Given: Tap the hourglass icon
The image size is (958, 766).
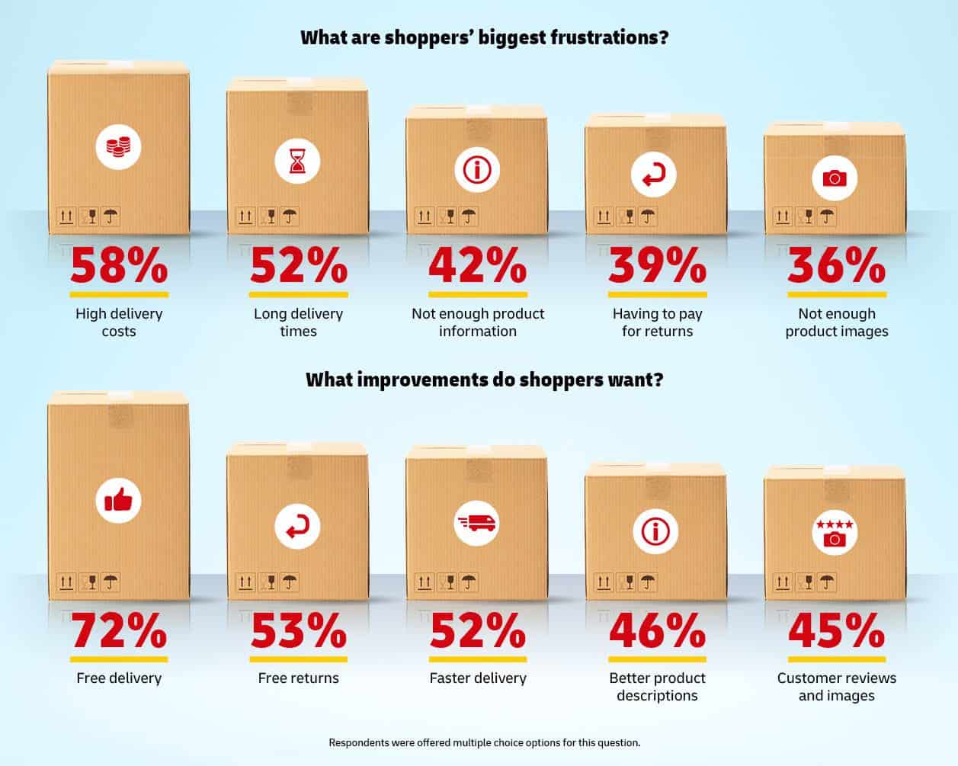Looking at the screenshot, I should (297, 162).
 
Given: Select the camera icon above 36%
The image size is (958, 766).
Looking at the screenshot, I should (835, 178).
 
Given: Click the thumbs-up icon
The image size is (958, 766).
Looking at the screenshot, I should (118, 500).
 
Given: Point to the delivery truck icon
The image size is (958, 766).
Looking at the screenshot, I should (477, 522).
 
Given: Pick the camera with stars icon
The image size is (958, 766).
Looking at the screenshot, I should (835, 532).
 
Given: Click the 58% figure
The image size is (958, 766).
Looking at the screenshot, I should (119, 266).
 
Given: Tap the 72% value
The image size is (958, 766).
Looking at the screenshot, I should (119, 630).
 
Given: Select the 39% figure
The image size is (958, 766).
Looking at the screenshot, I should (657, 266).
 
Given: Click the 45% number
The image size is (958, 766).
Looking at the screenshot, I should (836, 630).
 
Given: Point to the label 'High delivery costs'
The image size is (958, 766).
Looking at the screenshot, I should (119, 322).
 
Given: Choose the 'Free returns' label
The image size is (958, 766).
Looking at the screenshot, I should (298, 678).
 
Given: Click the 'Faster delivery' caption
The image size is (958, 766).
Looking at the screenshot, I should (478, 678).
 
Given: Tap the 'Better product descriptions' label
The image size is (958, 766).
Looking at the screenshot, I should (657, 686).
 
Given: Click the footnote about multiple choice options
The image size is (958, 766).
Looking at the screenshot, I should (484, 742).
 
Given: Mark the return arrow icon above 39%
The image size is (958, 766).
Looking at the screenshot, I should (654, 175).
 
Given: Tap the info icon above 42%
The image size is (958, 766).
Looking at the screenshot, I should (477, 169).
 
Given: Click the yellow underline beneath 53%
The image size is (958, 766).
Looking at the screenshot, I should (298, 659).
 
